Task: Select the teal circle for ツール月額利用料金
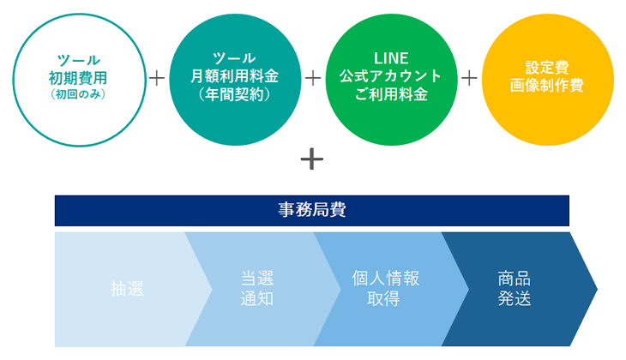tap(235, 80)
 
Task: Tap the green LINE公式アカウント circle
tap(391, 80)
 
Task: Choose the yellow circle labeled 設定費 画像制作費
tap(547, 80)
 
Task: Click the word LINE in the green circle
tap(391, 58)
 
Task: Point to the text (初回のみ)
tap(78, 94)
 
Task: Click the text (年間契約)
tap(235, 94)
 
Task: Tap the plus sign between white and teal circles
tap(157, 78)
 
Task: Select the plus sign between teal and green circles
tap(313, 78)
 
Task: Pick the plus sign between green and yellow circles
tap(469, 78)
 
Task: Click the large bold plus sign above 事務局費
tap(312, 159)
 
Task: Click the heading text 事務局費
tap(312, 209)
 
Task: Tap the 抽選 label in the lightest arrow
tap(127, 289)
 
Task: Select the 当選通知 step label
tap(257, 288)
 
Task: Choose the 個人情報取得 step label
tap(385, 288)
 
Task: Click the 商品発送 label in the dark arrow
tap(515, 288)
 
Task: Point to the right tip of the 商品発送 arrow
tap(597, 289)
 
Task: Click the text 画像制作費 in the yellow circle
tap(547, 86)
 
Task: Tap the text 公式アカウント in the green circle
tap(391, 76)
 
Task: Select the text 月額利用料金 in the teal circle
tap(235, 76)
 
